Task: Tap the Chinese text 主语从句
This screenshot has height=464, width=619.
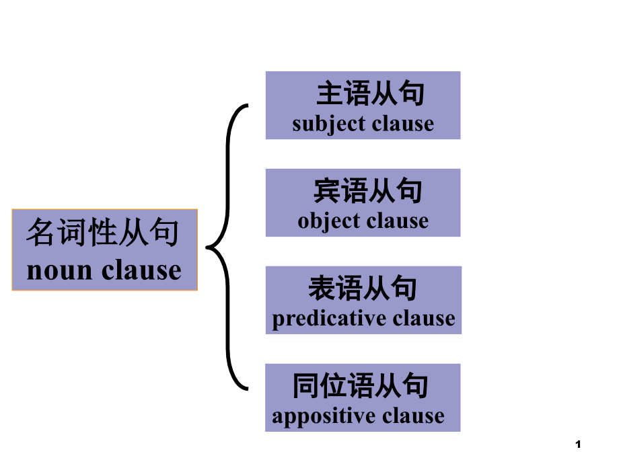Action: tap(371, 94)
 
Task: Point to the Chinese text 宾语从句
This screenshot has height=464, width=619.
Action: tap(368, 191)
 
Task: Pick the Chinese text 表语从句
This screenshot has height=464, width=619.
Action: tap(363, 288)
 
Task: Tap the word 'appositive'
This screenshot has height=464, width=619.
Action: tap(316, 416)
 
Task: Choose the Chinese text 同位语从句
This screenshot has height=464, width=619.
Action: tap(361, 386)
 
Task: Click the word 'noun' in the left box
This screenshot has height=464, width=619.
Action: tap(59, 270)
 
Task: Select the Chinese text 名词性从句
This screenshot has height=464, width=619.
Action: tap(103, 234)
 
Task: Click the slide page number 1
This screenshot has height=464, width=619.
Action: tap(579, 444)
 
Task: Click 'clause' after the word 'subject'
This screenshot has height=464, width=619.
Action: tap(402, 124)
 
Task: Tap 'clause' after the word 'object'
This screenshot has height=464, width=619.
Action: tap(397, 221)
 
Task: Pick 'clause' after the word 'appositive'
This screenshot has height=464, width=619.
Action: tap(412, 416)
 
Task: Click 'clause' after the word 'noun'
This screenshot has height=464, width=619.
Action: tap(142, 270)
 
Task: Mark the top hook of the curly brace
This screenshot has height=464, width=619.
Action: tap(246, 106)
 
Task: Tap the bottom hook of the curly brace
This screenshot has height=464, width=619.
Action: tap(246, 389)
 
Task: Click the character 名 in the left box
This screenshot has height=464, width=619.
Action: tap(39, 234)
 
